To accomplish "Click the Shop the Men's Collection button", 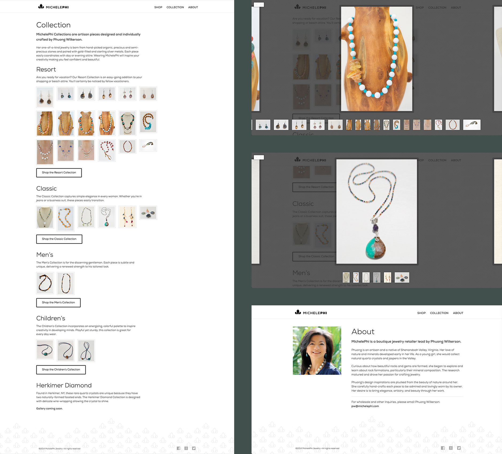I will point(58,302).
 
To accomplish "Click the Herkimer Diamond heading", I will point(64,385).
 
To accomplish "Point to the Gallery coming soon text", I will point(49,409).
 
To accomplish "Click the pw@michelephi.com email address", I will point(365,406).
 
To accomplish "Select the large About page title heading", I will point(363,332).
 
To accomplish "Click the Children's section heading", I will point(51,318).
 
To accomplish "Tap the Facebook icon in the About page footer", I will point(443,448).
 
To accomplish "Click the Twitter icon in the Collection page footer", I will point(194,448).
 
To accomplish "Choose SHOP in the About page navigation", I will point(421,313).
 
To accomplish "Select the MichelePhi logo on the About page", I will point(311,313).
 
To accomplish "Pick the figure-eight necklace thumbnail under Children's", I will point(86,351).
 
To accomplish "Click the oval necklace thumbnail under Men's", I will point(65,283).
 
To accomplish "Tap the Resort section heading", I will point(46,69).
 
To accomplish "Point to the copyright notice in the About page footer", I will point(317,448).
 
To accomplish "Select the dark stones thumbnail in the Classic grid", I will point(148,213).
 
